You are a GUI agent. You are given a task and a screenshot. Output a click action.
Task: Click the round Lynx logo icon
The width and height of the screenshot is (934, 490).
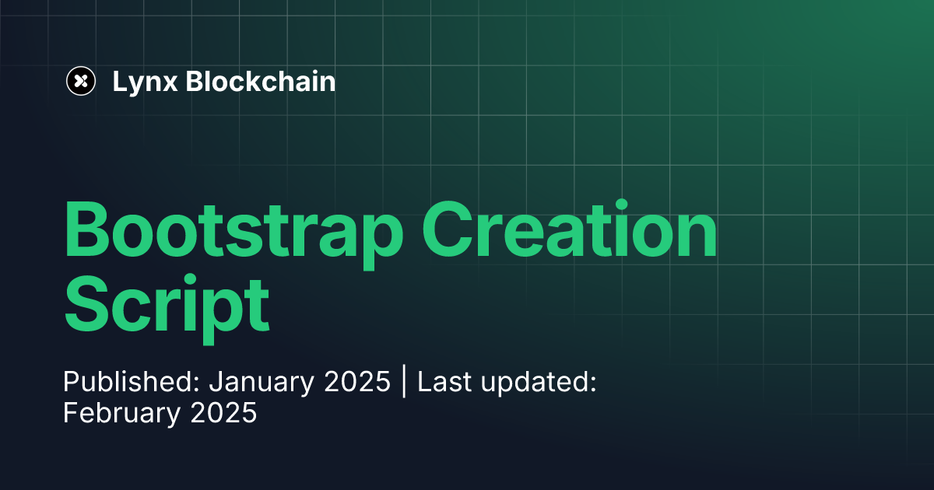click(81, 81)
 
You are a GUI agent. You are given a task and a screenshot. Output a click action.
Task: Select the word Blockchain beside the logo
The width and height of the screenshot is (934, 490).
click(261, 81)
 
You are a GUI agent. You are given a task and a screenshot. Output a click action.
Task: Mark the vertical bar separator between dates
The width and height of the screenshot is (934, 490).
click(404, 383)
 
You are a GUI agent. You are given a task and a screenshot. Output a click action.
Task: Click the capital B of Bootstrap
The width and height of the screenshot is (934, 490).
click(88, 232)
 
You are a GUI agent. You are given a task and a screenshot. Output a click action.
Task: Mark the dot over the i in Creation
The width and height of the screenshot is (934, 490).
click(621, 204)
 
